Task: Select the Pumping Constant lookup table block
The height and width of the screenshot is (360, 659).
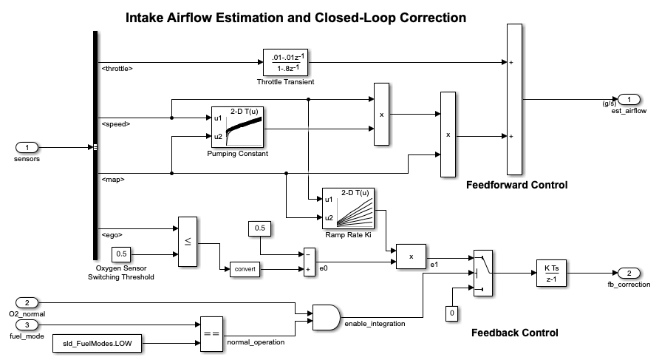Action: [x=238, y=127]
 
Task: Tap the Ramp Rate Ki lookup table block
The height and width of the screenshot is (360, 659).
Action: [x=347, y=208]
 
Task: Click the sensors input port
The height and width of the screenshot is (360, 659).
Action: [x=27, y=147]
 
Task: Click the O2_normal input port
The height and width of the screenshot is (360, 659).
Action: [x=27, y=302]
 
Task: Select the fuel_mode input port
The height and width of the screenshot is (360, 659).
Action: [x=27, y=325]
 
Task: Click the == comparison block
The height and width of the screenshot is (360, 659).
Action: [x=210, y=335]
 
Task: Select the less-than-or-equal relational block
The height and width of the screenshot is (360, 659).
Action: [x=188, y=240]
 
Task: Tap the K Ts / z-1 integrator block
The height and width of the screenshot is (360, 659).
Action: [x=550, y=273]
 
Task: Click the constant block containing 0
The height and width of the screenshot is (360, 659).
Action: [x=450, y=313]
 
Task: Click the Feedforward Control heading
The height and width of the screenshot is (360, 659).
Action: [x=516, y=185]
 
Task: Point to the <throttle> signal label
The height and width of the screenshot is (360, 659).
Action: [x=117, y=69]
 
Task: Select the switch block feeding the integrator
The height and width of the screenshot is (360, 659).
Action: [x=482, y=273]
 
